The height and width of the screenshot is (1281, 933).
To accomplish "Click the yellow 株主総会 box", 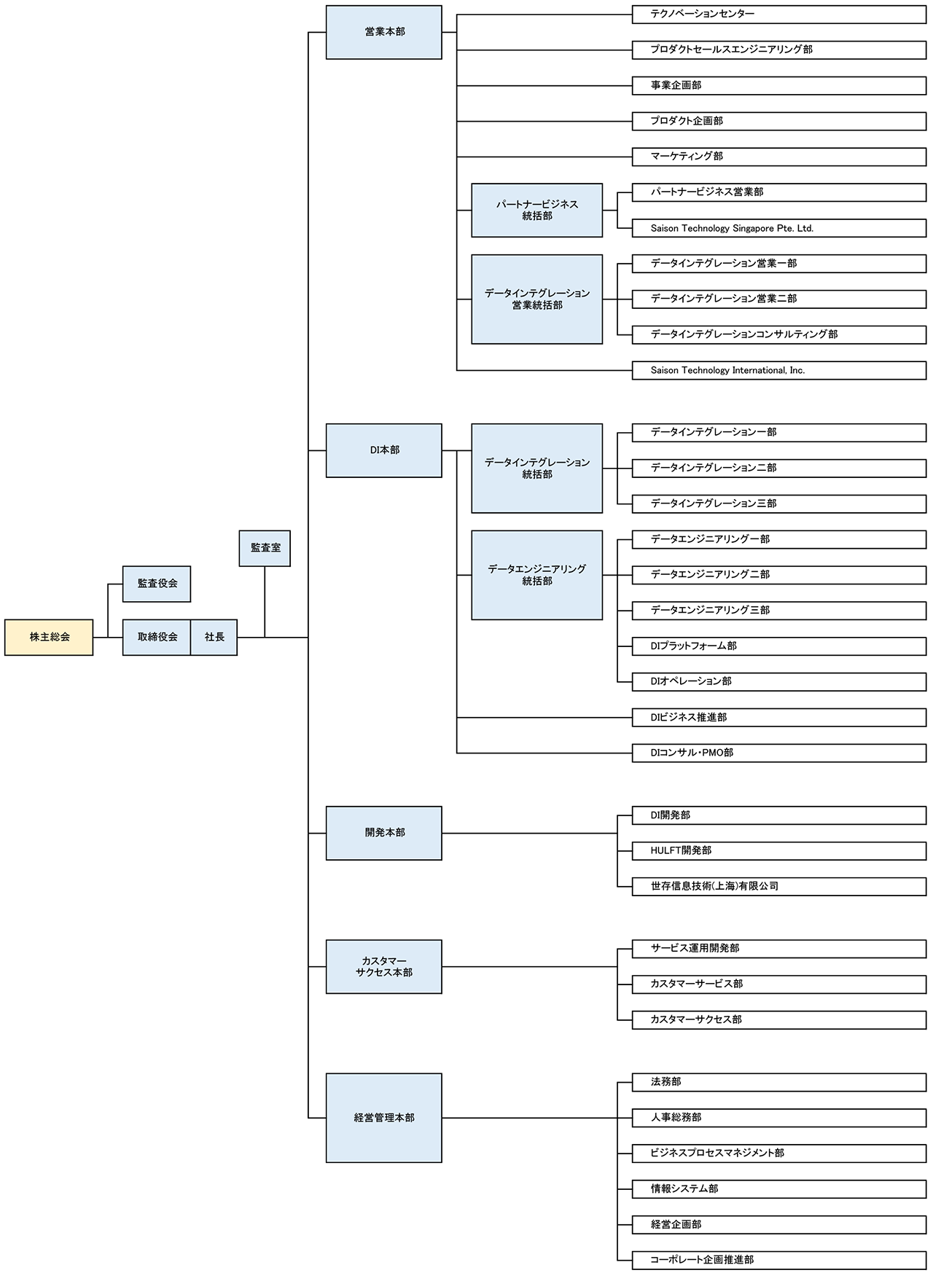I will [x=49, y=637].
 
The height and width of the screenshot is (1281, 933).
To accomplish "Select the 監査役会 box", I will [x=157, y=584].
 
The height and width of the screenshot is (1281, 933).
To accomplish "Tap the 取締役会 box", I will [x=157, y=637].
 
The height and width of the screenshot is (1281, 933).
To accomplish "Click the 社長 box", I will [x=214, y=637].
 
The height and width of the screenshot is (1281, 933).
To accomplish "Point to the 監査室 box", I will [x=265, y=548].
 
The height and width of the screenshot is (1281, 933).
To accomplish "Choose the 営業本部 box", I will [x=384, y=32].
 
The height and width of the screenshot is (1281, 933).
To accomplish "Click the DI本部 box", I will [x=384, y=450].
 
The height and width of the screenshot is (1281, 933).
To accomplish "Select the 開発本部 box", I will [x=384, y=833].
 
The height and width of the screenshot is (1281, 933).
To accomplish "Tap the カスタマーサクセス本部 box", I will [x=384, y=967].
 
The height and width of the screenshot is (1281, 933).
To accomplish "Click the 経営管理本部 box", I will [x=384, y=1118].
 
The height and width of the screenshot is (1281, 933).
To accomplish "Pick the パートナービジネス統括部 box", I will [x=537, y=211].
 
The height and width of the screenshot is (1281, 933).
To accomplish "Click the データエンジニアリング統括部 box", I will [x=537, y=575].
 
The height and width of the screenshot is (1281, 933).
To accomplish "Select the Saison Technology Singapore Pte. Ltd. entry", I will [x=778, y=228].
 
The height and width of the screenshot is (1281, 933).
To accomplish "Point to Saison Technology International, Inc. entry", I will [x=778, y=370].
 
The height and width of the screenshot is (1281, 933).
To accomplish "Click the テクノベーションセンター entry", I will [x=778, y=14].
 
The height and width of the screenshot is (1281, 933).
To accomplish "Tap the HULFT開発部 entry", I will [x=778, y=850].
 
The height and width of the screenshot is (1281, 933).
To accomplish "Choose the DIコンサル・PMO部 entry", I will [x=778, y=753].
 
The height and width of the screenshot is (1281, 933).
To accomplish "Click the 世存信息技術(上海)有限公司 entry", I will [x=778, y=886].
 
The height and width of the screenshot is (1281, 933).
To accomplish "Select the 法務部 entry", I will [x=778, y=1082].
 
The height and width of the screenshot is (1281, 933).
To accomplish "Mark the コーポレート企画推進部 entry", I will [x=778, y=1260].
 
